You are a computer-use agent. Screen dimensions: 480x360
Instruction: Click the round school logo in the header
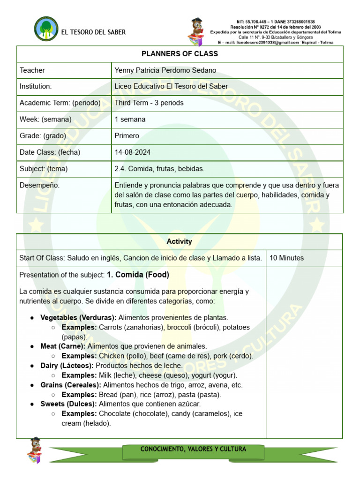click(46, 29)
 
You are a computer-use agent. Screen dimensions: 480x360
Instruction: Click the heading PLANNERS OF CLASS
click(180, 53)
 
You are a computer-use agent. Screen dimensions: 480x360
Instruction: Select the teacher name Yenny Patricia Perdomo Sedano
click(165, 70)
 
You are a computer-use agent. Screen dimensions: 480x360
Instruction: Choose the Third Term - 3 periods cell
click(149, 103)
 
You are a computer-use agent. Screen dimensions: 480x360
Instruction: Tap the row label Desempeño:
click(40, 185)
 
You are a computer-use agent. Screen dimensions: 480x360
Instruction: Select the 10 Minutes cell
click(286, 258)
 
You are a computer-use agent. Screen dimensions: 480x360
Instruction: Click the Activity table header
click(180, 241)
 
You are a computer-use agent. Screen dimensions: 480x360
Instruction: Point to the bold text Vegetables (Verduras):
click(78, 317)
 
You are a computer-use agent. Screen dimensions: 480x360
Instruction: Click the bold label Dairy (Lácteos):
click(68, 365)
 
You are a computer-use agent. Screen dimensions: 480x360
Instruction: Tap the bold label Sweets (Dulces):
click(68, 404)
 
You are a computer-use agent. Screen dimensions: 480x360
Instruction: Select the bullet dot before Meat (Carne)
click(32, 346)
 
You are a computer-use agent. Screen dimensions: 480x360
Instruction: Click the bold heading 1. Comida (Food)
click(138, 275)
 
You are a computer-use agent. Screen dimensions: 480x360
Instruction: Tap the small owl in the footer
click(35, 450)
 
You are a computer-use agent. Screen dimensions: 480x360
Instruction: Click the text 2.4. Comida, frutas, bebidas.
click(159, 169)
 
